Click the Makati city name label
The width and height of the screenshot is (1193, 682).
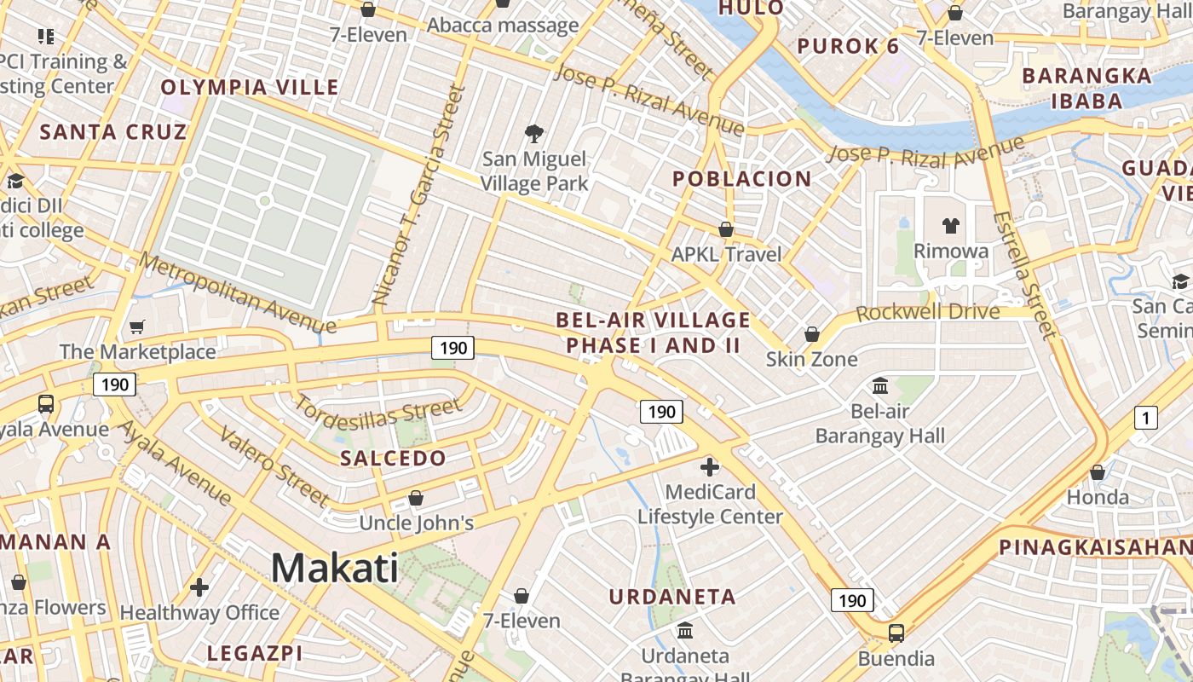tap(335, 568)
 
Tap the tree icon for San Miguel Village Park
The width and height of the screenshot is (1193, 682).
tap(534, 133)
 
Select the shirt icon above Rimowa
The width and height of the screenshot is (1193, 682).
tap(951, 226)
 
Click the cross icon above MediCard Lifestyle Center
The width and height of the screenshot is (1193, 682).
tap(709, 466)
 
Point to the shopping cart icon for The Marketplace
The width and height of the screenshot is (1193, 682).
tap(136, 327)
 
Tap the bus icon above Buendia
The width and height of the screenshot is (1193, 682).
tap(896, 633)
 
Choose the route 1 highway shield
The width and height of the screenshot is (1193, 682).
tap(1146, 418)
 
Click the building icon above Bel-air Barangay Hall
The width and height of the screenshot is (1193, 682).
tap(880, 386)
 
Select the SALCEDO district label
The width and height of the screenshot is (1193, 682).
tap(393, 458)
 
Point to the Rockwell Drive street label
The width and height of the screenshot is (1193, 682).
tap(927, 312)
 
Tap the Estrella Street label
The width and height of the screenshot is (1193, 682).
tap(1023, 275)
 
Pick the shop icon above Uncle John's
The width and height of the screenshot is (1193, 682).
tap(416, 498)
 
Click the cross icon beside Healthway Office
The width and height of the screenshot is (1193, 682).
tap(199, 587)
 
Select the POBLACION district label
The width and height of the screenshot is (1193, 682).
tap(741, 179)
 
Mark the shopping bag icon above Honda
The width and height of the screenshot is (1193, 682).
tap(1098, 472)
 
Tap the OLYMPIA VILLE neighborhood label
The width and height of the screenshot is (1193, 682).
tap(250, 87)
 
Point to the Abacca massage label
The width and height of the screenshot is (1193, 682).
tap(503, 26)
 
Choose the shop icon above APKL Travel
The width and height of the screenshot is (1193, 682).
tap(726, 229)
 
